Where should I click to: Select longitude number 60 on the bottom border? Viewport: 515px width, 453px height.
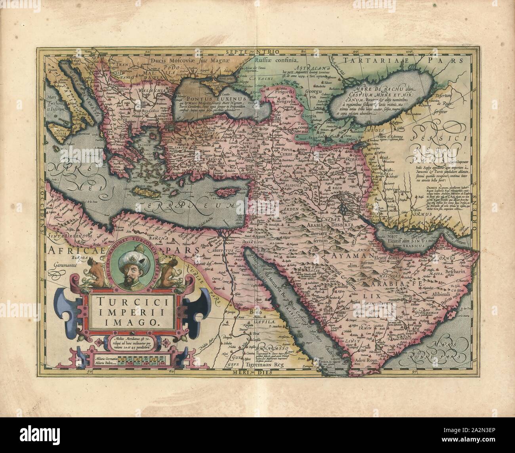(x=171, y=372)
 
